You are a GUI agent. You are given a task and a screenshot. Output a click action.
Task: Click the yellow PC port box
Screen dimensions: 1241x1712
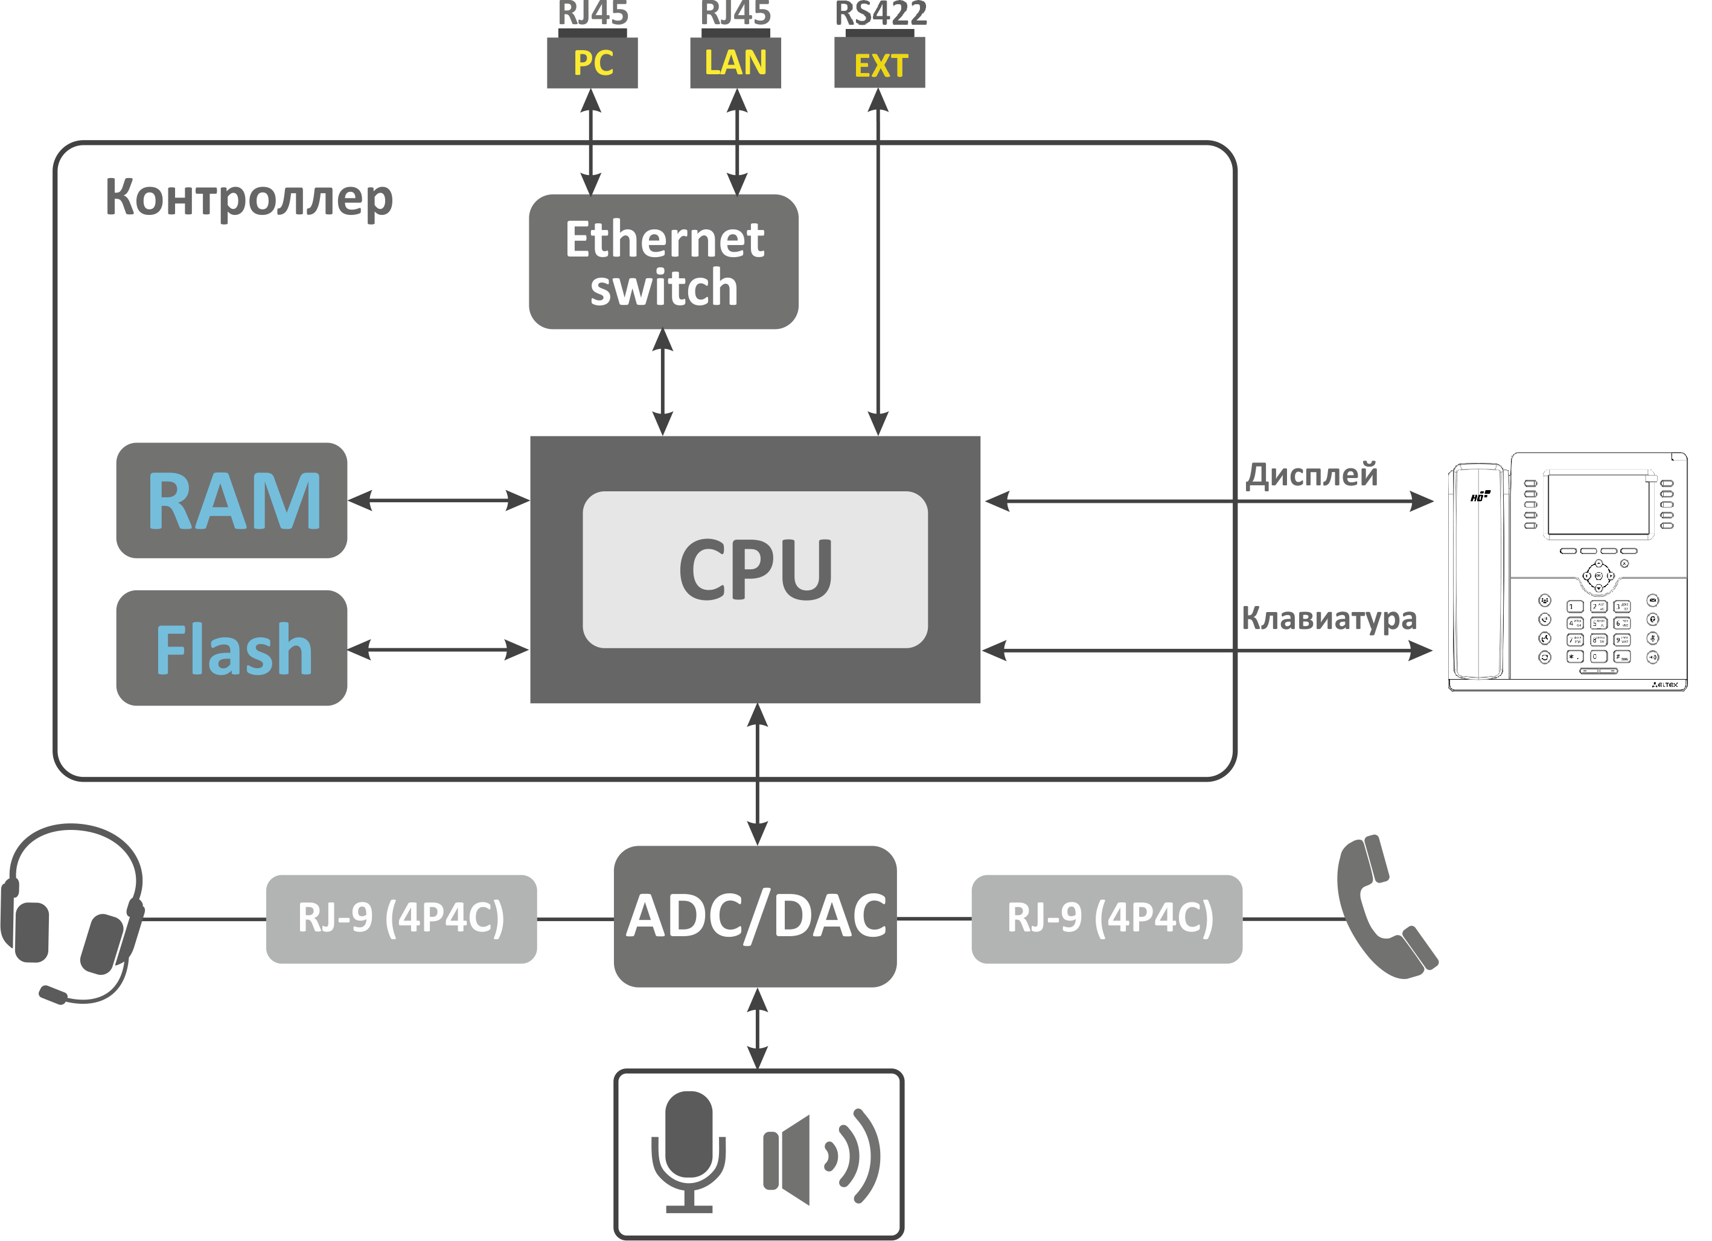click(x=593, y=63)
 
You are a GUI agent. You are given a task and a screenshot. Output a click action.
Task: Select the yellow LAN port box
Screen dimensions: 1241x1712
click(x=736, y=63)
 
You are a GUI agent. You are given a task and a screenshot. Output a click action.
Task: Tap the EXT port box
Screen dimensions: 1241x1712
click(x=880, y=64)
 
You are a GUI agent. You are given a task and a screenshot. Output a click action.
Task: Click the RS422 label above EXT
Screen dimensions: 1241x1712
click(x=881, y=14)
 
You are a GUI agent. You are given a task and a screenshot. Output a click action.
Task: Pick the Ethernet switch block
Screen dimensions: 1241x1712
click(x=663, y=262)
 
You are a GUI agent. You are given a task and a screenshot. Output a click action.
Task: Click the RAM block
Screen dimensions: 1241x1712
click(x=232, y=500)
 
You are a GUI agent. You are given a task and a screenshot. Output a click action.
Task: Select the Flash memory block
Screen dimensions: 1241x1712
click(x=232, y=648)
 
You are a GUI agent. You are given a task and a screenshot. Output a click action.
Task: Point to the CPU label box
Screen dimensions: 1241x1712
click(x=755, y=570)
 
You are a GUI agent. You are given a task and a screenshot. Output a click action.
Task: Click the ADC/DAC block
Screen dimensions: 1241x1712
click(x=756, y=916)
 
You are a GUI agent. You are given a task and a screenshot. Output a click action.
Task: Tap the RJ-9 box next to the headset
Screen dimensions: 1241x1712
click(x=401, y=919)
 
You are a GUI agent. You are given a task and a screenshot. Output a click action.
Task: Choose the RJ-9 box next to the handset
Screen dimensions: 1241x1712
click(x=1107, y=919)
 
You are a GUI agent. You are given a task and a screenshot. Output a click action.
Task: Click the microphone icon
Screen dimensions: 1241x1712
click(x=688, y=1150)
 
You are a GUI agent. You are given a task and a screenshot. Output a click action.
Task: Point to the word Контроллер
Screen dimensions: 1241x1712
click(x=249, y=198)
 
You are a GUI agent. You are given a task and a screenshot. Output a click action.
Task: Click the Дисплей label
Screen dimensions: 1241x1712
click(x=1311, y=475)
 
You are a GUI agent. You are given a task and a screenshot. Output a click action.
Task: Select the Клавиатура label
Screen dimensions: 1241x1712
click(x=1329, y=618)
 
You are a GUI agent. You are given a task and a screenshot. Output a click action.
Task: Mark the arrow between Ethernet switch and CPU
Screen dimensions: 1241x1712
click(x=663, y=382)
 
